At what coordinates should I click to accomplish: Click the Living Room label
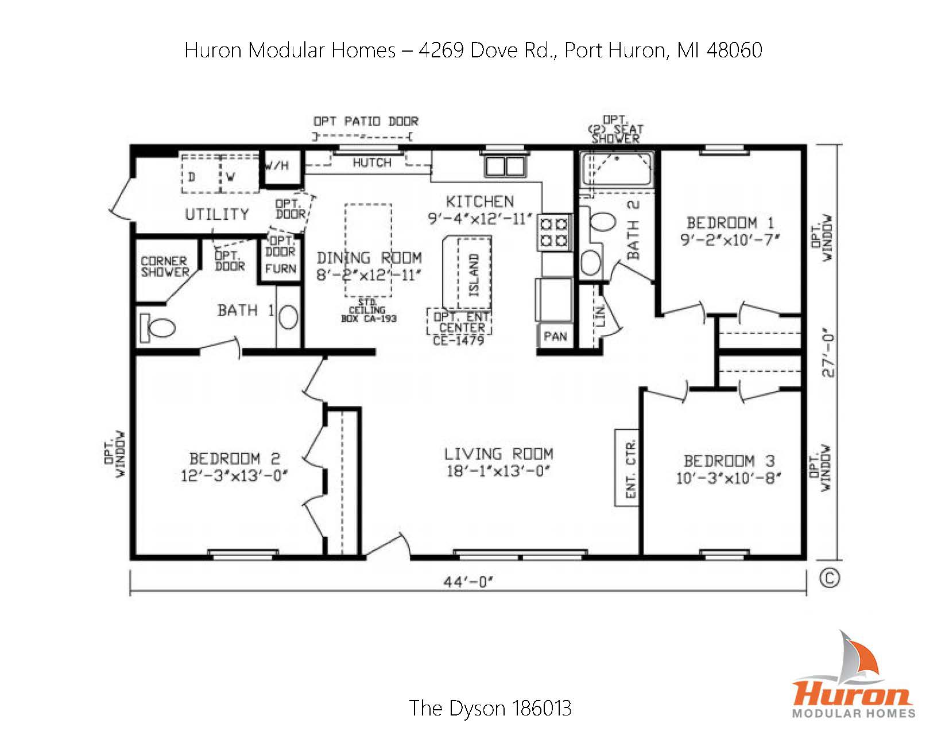pos(498,454)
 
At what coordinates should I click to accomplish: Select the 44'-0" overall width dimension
pos(468,582)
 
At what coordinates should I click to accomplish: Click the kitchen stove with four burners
pos(554,231)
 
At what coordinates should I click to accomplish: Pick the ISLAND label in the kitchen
pos(474,275)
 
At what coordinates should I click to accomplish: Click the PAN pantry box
pos(555,336)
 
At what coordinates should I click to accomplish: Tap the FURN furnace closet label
pos(281,268)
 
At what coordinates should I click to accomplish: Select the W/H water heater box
pos(277,166)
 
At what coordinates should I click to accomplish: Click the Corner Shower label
pos(165,267)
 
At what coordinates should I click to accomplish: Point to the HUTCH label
pos(371,163)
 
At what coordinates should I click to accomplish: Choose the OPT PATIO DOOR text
pos(366,122)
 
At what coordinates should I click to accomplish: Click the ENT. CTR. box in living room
pos(629,468)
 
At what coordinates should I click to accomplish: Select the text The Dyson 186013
pos(490,708)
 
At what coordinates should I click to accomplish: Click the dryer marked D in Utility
pos(192,177)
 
